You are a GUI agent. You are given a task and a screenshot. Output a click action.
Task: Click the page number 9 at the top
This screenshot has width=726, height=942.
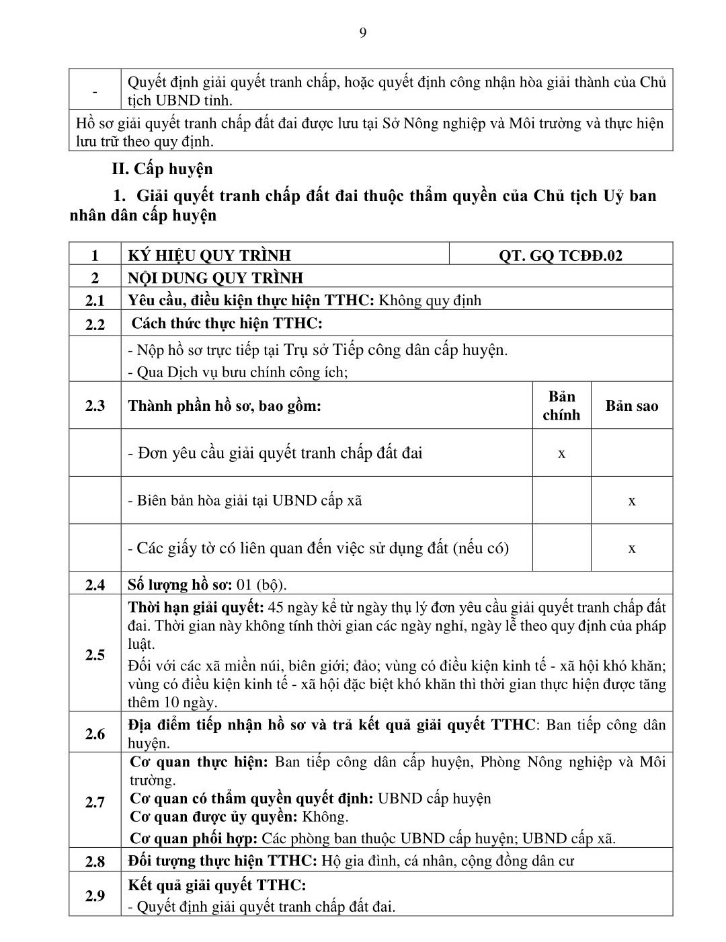[363, 34]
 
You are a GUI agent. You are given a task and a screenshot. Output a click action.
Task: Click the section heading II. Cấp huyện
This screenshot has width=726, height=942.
[162, 169]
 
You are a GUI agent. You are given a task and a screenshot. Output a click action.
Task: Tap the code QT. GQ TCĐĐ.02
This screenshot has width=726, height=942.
[561, 256]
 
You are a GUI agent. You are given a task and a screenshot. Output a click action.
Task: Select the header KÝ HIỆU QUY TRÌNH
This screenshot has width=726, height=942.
[210, 256]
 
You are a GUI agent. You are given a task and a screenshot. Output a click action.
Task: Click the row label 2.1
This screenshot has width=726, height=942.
[95, 301]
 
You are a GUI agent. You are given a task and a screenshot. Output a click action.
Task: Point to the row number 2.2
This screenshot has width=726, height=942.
[95, 324]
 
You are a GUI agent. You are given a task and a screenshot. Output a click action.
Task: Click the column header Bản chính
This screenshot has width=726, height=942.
[561, 405]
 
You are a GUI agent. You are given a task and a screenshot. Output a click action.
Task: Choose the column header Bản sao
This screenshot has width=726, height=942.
[632, 405]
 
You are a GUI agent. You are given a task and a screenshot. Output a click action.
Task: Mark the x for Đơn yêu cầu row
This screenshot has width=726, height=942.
[561, 453]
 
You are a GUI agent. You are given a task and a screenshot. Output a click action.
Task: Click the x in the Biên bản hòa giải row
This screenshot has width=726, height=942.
[632, 501]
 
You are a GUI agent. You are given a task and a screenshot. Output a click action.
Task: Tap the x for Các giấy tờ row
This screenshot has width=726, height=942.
[632, 548]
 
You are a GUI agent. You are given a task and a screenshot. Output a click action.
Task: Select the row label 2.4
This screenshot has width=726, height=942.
[95, 585]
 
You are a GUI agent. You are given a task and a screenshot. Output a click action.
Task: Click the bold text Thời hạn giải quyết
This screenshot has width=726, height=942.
[196, 608]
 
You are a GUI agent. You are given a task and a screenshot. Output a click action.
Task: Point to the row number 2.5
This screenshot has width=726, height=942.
[95, 655]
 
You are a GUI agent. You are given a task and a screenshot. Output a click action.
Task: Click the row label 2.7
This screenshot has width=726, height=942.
[95, 802]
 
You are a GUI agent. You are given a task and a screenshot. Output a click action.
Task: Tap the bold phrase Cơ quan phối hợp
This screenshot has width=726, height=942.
[194, 838]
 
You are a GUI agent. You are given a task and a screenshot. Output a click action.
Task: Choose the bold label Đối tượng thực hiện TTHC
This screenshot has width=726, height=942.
[223, 861]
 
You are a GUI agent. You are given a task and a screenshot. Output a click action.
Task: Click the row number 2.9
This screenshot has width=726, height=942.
[95, 896]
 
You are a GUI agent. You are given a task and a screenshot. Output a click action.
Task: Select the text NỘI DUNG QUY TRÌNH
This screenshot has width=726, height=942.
[216, 278]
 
